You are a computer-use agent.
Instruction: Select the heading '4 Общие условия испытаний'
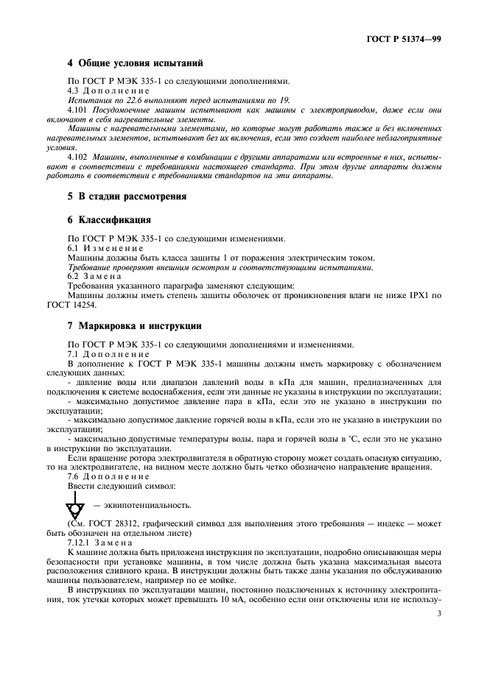[135, 64]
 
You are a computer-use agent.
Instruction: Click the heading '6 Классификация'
[109, 220]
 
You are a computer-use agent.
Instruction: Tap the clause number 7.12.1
[79, 541]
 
